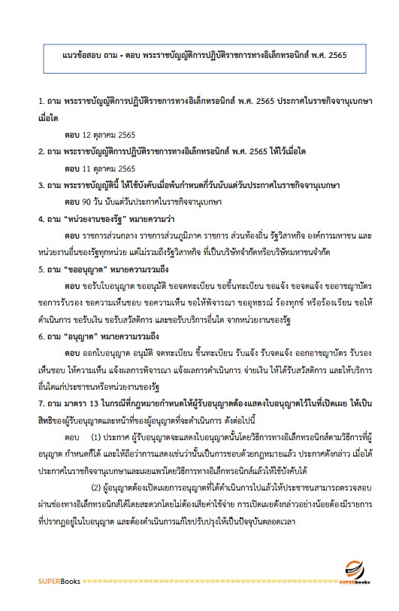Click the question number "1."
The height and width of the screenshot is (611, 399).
point(42,101)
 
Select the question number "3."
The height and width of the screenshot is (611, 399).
point(42,185)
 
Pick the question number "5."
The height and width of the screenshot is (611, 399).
point(42,268)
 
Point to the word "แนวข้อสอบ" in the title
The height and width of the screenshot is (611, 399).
point(80,55)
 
